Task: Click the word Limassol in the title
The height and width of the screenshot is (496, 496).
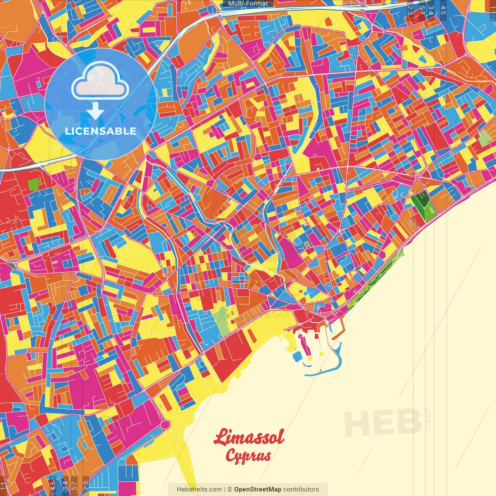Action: point(249,437)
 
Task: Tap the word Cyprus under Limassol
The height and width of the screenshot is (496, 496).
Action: point(248,456)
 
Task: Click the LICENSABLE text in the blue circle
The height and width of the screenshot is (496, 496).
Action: point(100,131)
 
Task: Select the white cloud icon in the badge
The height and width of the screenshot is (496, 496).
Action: point(100,82)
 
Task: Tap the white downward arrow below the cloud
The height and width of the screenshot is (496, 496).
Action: point(95,112)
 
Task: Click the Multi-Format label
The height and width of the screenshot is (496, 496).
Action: point(248,3)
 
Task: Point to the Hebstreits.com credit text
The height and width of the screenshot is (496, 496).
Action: point(199,489)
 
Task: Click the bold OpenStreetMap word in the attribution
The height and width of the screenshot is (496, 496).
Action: point(257,489)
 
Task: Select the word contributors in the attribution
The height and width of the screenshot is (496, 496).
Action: point(301,489)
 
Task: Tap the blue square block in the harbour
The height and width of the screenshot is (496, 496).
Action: point(297,356)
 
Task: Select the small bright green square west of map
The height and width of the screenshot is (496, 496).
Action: point(34,184)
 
